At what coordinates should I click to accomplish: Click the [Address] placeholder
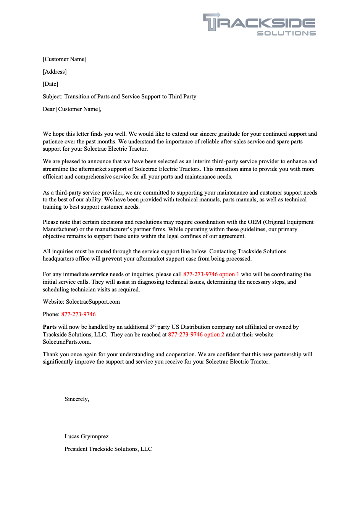pyautogui.click(x=55, y=72)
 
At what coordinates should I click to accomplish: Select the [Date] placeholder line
pyautogui.click(x=50, y=84)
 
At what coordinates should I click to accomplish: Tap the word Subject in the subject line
pyautogui.click(x=52, y=97)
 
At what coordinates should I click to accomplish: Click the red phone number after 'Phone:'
pyautogui.click(x=78, y=314)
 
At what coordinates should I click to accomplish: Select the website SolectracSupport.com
pyautogui.click(x=93, y=302)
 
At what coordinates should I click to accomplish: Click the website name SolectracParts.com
pyautogui.click(x=67, y=342)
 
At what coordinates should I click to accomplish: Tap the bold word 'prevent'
pyautogui.click(x=112, y=259)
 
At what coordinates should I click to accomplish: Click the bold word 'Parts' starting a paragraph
pyautogui.click(x=50, y=327)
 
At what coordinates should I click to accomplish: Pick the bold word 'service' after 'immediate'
pyautogui.click(x=99, y=274)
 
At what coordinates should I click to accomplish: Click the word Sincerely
pyautogui.click(x=77, y=399)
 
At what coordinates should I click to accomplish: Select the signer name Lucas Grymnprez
pyautogui.click(x=86, y=436)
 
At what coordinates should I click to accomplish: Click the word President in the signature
pyautogui.click(x=76, y=449)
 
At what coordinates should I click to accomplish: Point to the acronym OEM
pyautogui.click(x=255, y=222)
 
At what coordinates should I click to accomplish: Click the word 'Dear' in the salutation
pyautogui.click(x=48, y=109)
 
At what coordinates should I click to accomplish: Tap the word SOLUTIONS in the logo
pyautogui.click(x=286, y=34)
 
